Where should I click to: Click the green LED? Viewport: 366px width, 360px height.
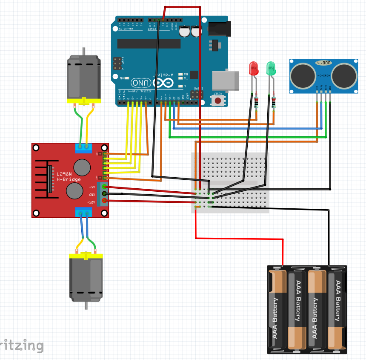pos(271,69)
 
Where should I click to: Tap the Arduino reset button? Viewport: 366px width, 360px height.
pos(218,101)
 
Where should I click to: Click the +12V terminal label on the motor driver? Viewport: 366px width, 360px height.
pos(91,202)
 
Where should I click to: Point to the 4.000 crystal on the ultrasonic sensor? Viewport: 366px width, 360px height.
pos(323,63)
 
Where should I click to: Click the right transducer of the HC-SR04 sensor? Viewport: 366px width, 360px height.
pos(344,75)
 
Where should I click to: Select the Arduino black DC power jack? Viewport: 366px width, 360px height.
pos(220,29)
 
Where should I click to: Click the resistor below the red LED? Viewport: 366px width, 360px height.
pos(256,102)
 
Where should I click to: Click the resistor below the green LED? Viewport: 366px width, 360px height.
pos(273,102)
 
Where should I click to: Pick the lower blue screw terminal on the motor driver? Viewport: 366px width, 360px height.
pos(84,212)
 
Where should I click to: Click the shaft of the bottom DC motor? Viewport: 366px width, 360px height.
pos(86,305)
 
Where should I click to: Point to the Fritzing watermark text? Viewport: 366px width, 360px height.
pos(21,346)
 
